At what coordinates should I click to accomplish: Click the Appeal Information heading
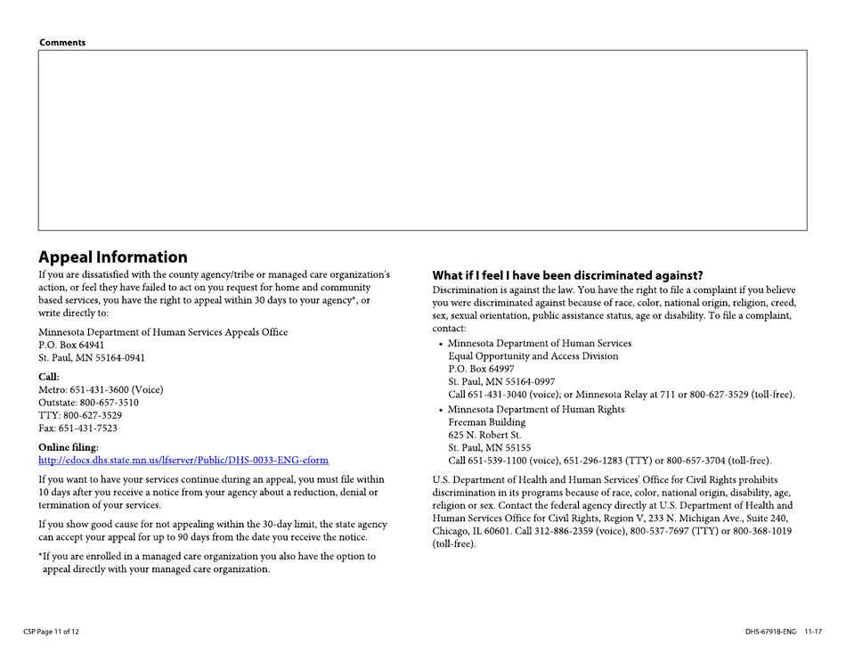(113, 257)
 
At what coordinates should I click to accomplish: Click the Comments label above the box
(62, 43)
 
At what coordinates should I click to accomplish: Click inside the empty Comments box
(422, 140)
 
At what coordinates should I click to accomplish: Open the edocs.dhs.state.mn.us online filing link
(183, 461)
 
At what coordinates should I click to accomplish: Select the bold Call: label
(49, 377)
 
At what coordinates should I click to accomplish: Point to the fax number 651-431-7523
(78, 429)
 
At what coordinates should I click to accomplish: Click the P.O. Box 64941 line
(72, 345)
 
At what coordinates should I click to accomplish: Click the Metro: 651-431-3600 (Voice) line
(101, 390)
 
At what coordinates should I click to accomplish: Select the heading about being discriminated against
(567, 275)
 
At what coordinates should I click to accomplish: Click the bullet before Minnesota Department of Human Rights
(442, 410)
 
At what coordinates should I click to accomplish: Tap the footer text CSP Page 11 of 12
(51, 632)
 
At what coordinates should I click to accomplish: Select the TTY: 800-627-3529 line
(80, 416)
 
